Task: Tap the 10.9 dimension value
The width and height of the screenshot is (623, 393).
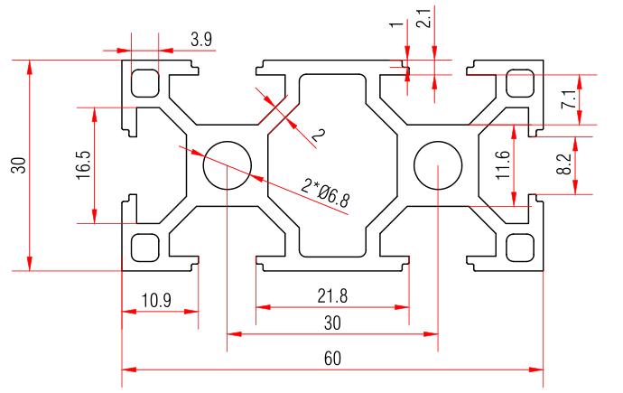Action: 157,300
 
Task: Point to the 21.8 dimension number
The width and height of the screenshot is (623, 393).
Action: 332,295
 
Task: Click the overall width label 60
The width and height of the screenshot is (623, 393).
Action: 332,359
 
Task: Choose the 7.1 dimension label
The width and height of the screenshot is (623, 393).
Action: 568,99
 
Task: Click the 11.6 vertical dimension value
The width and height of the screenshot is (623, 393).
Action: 503,165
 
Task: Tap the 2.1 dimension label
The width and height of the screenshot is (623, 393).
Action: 424,16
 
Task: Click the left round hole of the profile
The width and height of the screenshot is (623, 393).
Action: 226,165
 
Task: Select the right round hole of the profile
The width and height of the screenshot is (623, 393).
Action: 437,165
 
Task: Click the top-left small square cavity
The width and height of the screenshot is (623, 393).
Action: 144,83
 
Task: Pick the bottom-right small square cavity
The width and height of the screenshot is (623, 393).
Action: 520,247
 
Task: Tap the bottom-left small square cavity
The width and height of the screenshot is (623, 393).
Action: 144,247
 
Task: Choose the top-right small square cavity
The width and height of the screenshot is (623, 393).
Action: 520,83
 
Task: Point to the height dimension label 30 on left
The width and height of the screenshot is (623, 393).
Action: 17,165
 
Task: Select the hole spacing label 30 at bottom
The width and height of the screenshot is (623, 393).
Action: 332,323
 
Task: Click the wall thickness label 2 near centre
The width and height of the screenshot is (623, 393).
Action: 317,136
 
